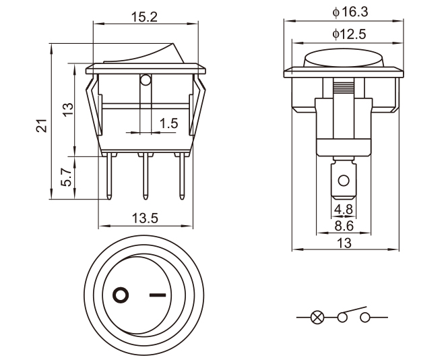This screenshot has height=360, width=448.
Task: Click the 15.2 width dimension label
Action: click(144, 17)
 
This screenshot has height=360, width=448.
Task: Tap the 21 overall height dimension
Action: click(41, 125)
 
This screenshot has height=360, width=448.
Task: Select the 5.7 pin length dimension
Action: click(66, 177)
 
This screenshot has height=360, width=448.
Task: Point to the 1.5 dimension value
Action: click(168, 123)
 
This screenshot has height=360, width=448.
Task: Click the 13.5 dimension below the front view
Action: click(145, 218)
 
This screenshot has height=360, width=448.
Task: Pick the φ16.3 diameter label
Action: click(350, 12)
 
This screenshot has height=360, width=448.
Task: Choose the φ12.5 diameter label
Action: click(349, 34)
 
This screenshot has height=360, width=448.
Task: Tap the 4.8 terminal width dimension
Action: click(344, 209)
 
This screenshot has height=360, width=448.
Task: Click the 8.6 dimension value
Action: click(344, 226)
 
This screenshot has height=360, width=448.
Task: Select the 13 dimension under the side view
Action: click(344, 243)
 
